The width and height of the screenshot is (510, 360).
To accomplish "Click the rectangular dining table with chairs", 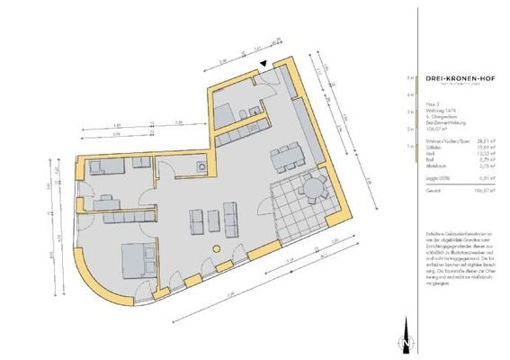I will [289, 157].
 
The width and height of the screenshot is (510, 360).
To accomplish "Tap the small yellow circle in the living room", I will [214, 248].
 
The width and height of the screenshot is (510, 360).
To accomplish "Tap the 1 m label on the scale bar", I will [410, 144].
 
